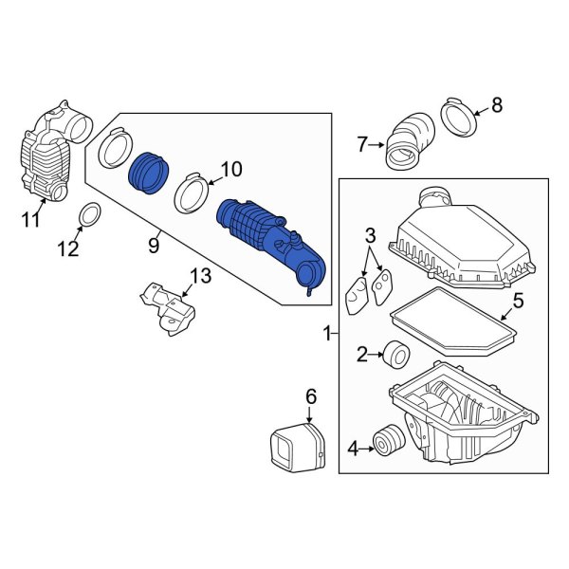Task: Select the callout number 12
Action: pyautogui.click(x=67, y=250)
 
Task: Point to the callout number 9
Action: pyautogui.click(x=153, y=246)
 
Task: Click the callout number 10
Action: pyautogui.click(x=231, y=171)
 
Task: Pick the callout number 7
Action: pyautogui.click(x=361, y=145)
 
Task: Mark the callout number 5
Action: pyautogui.click(x=518, y=303)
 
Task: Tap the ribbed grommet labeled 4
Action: pyautogui.click(x=385, y=442)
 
